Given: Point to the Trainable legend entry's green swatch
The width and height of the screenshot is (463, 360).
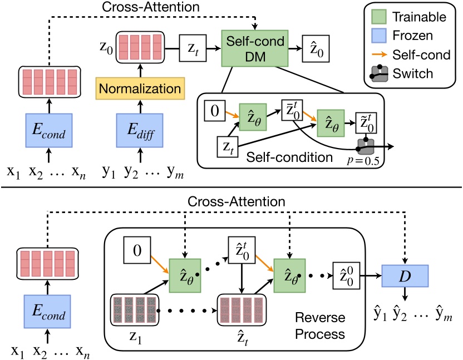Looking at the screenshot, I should tap(380, 17).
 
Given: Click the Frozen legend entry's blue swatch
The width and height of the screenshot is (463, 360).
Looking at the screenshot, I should tap(380, 36).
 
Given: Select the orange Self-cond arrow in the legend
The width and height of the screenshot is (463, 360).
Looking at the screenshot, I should tap(380, 55).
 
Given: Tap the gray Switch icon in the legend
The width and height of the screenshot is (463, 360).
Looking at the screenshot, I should tap(380, 73).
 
